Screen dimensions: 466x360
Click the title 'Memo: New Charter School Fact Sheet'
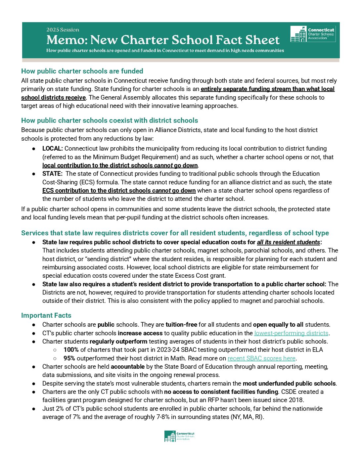click(x=163, y=40)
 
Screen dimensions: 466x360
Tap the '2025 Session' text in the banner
click(x=63, y=30)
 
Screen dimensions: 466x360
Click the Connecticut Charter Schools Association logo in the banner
click(x=313, y=34)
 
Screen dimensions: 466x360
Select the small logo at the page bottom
click(x=179, y=436)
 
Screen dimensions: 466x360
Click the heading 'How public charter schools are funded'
click(x=82, y=71)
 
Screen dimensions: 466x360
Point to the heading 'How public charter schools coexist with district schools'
click(x=110, y=120)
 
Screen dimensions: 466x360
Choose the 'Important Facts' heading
click(x=46, y=315)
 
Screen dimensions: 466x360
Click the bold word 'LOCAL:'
click(x=53, y=149)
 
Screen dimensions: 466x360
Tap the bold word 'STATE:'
click(x=52, y=173)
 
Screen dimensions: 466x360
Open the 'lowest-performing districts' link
click(x=291, y=333)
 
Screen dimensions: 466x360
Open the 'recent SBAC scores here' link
click(x=261, y=358)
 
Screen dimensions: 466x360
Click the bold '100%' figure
click(x=71, y=350)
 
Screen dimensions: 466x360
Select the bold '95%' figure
click(x=69, y=358)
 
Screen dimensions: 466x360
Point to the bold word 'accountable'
click(x=128, y=367)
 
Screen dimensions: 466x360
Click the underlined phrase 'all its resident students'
click(x=289, y=242)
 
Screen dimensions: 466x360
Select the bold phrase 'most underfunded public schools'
click(x=289, y=384)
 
